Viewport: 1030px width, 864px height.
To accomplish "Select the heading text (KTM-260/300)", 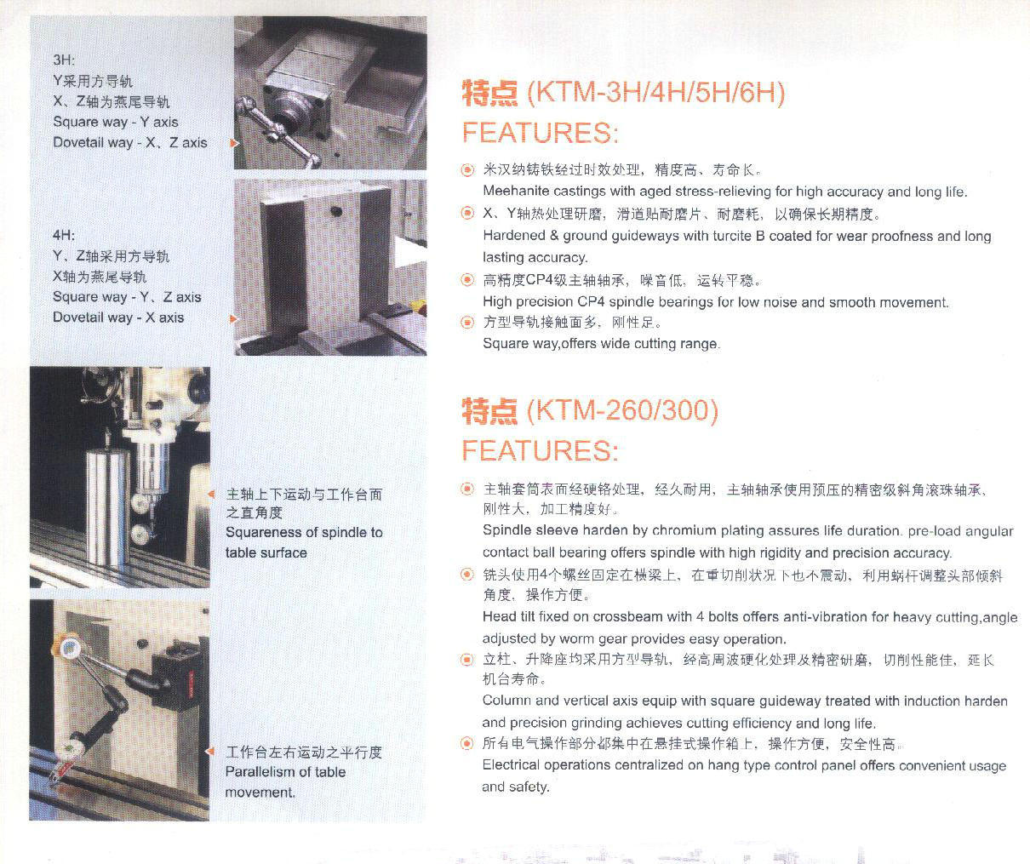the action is click(622, 410).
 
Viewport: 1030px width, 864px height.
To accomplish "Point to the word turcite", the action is click(733, 236).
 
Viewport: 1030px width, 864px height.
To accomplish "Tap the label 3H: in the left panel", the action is click(64, 60).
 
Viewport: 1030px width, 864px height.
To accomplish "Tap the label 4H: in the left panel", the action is click(64, 235).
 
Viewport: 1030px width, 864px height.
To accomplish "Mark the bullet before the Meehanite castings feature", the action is click(467, 170).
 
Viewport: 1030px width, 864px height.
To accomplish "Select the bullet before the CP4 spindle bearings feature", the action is click(467, 280).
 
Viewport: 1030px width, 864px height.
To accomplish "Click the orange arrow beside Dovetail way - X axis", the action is click(233, 319).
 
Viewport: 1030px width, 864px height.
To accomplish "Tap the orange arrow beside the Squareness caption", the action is click(211, 494).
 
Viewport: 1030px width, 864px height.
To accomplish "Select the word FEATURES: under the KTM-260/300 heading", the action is click(541, 450).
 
